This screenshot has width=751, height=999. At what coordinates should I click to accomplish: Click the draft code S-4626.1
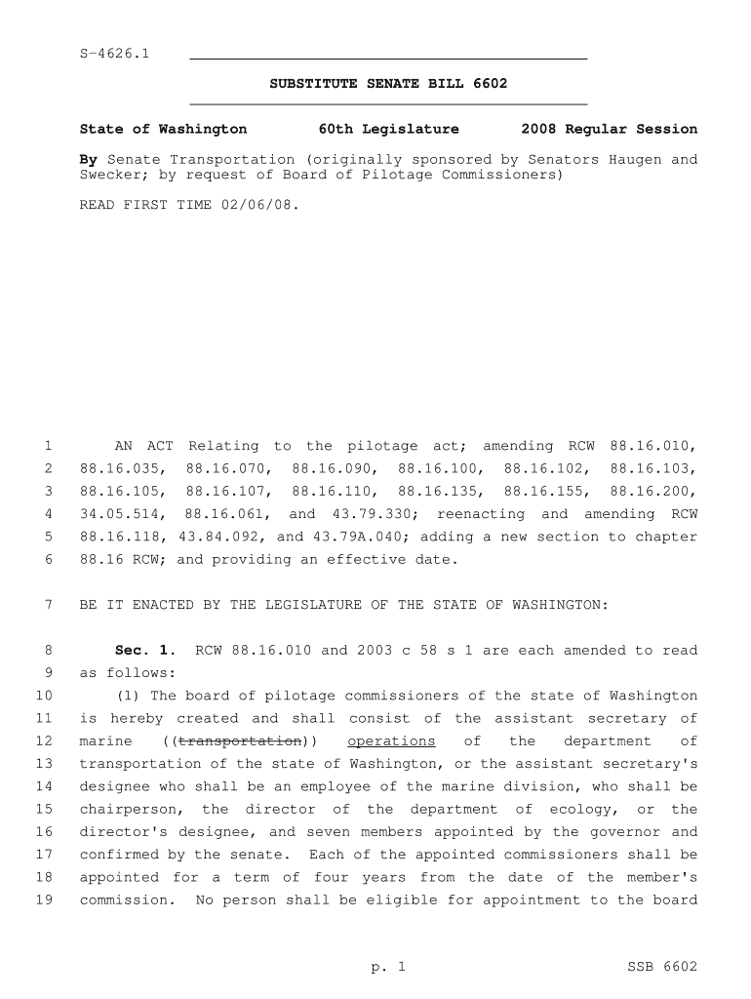click(113, 53)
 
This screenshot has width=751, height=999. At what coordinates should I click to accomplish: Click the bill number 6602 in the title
click(489, 84)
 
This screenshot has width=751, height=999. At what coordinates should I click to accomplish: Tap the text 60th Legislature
click(388, 129)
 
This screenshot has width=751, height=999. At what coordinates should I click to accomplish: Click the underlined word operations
click(391, 741)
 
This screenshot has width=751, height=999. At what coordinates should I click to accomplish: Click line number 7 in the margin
click(47, 605)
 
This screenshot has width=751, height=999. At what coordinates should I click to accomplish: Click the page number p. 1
click(387, 967)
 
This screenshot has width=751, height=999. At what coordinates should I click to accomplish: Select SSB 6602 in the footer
click(662, 967)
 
